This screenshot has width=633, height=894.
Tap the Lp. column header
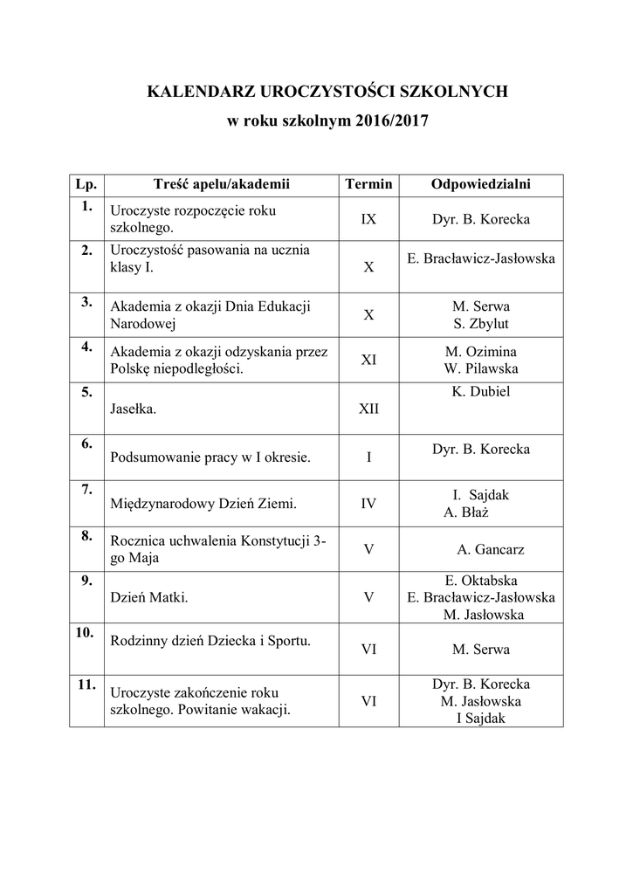point(86,184)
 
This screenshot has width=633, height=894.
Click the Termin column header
point(368,184)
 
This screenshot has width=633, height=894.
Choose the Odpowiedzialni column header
point(481,184)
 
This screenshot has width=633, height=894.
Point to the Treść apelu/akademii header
point(220,184)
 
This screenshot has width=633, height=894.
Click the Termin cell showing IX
point(368,219)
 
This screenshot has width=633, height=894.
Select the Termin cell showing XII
point(368,409)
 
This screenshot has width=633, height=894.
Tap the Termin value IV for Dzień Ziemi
point(368,504)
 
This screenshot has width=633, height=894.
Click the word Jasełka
point(134,409)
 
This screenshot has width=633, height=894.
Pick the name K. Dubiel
point(480,392)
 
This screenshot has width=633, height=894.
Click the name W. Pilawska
point(481,368)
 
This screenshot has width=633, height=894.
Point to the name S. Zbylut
point(481,323)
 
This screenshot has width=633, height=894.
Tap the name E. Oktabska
point(481,581)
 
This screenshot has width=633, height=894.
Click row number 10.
point(86,634)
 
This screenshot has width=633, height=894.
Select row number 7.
point(86,490)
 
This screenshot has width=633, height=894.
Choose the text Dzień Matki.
point(149,598)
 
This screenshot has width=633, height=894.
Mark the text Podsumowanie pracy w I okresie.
point(210,457)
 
